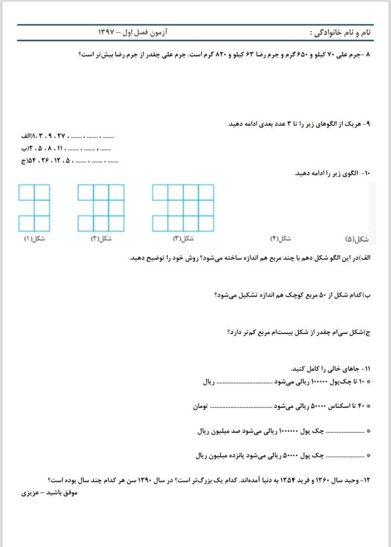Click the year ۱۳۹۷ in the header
click(x=106, y=33)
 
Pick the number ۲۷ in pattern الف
click(x=73, y=136)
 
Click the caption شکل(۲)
click(x=102, y=238)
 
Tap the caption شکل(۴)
click(x=281, y=238)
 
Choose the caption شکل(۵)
click(x=357, y=238)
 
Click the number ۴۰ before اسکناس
click(x=359, y=406)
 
